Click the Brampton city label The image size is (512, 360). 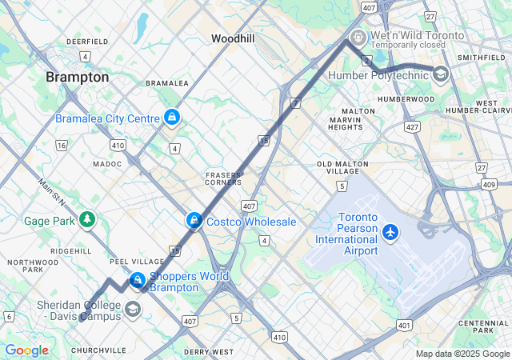point(78,77)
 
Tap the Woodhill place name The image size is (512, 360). point(233,38)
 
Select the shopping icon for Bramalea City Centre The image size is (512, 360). point(171,118)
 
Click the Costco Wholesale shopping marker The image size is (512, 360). point(194,221)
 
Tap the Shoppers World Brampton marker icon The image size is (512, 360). point(138,280)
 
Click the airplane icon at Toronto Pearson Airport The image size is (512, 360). point(390,232)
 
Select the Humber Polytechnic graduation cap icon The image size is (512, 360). point(440,74)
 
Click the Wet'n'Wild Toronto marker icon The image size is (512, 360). point(358,36)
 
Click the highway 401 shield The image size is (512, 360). point(404,325)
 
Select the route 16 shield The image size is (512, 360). point(61,145)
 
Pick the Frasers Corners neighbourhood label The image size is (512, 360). point(223,179)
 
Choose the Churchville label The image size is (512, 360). point(98,350)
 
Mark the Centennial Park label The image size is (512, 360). point(478,326)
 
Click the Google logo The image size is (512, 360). point(26,350)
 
